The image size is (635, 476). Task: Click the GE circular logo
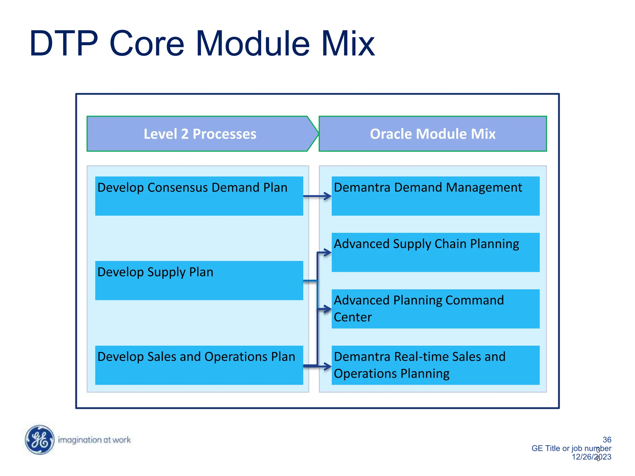coord(39,440)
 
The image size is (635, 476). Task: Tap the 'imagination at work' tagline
coord(94,440)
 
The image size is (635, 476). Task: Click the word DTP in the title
coord(64,44)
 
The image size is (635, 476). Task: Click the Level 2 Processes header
coord(200,134)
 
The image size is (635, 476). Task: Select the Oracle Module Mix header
coord(433,134)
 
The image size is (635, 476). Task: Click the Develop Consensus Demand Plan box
coord(199,196)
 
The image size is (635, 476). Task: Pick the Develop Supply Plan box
coord(199,280)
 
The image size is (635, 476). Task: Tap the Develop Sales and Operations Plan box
coord(199,365)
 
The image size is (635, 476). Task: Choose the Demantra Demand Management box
coord(435,196)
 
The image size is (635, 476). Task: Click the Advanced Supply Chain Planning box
coord(435,252)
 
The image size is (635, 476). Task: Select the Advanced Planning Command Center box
coord(435,309)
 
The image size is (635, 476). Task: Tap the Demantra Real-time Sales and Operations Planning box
coord(435,365)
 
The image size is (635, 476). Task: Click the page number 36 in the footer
coord(607,439)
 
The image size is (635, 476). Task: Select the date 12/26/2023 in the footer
coord(591,457)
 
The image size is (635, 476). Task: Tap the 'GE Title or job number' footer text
coord(571,448)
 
